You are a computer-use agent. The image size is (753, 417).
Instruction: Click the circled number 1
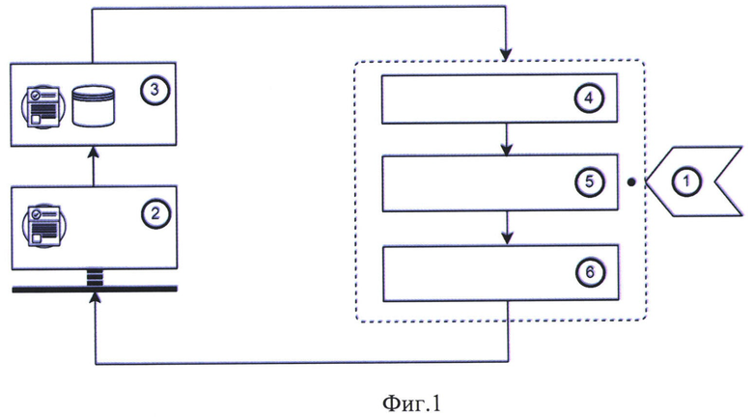coord(686,181)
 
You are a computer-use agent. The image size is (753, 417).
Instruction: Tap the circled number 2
coord(155,213)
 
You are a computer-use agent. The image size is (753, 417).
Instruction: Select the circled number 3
coord(154,91)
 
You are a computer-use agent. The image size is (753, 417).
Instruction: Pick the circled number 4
coord(589,98)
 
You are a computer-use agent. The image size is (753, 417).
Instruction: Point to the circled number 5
coord(589,182)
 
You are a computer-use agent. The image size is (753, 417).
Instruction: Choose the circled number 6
coord(590,272)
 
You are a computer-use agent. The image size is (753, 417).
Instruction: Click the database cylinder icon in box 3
coord(94,106)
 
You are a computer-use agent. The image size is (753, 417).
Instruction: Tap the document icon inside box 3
coord(43,106)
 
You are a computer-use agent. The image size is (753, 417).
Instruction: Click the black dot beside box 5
coord(631,182)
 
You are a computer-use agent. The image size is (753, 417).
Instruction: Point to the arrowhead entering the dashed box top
coord(506,54)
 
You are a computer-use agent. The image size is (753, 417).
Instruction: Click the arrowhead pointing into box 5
coord(506,149)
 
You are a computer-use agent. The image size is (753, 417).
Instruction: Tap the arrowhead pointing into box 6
coord(507,238)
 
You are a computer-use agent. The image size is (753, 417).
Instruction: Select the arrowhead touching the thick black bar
coord(96,299)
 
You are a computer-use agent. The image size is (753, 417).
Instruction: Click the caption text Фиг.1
coord(411,403)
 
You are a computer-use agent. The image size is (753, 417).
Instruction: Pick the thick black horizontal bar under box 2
coord(95,289)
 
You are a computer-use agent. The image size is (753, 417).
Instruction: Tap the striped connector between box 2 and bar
coord(95,277)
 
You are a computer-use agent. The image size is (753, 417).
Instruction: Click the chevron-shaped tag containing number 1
coord(694,181)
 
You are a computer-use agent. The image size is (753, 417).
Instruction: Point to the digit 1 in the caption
coord(435,403)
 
